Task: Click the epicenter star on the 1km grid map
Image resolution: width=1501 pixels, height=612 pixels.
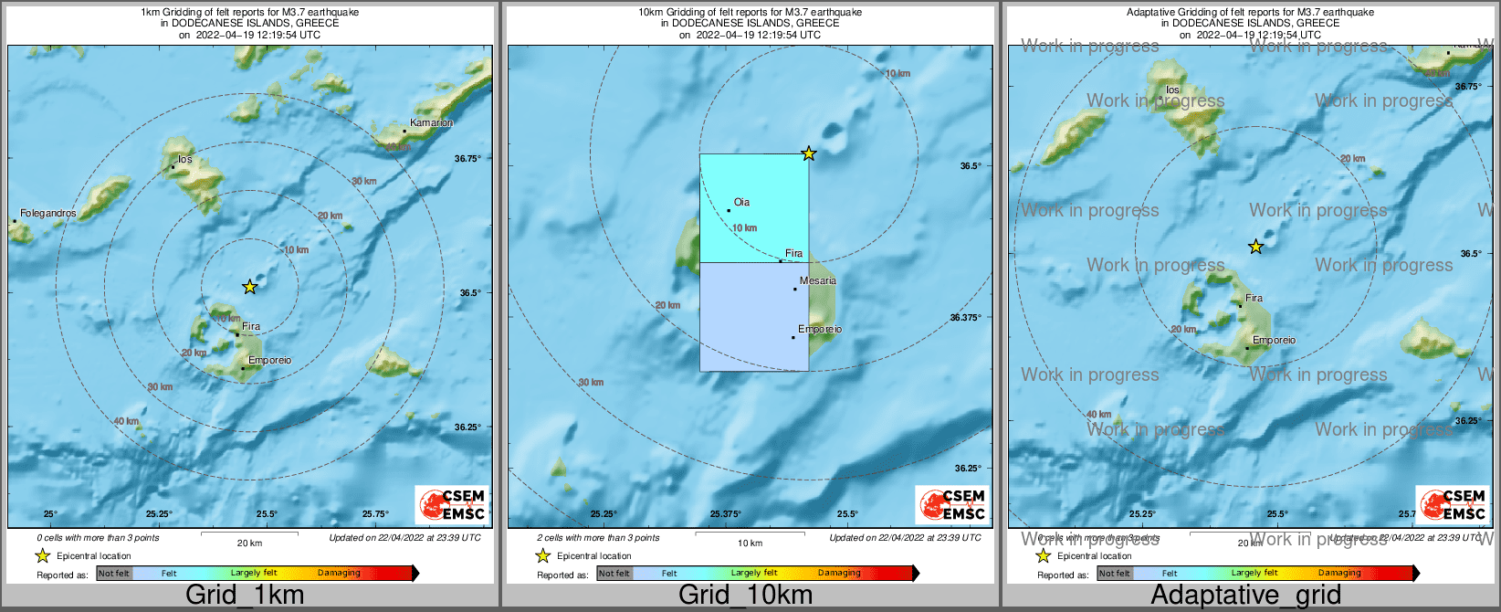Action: coord(249,287)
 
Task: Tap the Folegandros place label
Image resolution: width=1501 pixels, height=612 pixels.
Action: coord(47,214)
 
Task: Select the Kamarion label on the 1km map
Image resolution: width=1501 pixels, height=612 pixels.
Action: coord(431,122)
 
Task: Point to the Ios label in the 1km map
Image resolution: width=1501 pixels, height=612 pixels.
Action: coord(184,160)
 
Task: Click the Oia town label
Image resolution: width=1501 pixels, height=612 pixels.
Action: coord(741,203)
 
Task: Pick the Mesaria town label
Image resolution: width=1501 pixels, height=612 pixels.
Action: coord(817,281)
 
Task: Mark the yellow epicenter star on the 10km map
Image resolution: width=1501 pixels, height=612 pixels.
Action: coord(808,153)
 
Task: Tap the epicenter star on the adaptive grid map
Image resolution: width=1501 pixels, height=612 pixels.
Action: coord(1255,247)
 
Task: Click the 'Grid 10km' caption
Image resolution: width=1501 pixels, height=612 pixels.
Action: coord(745,596)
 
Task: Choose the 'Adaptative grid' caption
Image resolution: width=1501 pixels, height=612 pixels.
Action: coord(1245,596)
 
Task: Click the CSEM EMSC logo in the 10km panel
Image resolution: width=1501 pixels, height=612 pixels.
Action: coord(952,504)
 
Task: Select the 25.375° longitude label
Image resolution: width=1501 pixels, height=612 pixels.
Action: coord(725,514)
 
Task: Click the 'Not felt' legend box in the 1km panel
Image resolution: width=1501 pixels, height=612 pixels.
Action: coord(114,574)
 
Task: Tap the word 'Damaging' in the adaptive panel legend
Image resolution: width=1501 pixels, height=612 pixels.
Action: coord(1339,574)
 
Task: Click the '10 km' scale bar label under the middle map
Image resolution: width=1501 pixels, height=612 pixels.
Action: coord(750,543)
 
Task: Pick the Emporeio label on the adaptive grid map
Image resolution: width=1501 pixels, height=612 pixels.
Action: coord(1274,341)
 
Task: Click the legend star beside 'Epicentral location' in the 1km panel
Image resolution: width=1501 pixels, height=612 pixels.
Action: coord(42,556)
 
